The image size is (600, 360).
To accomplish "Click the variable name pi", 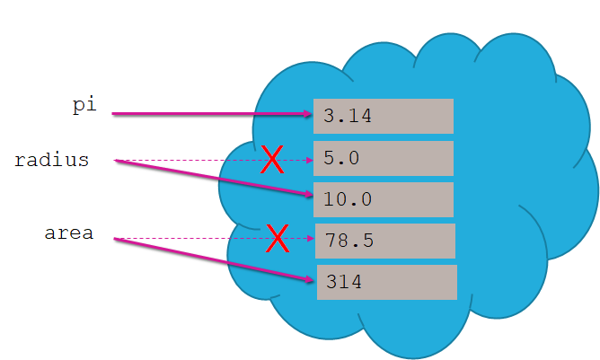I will coord(84,104).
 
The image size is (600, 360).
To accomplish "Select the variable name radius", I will coord(51,161).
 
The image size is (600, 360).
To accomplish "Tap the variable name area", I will coord(69,234).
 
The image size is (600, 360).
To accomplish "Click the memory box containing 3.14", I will coord(384,116).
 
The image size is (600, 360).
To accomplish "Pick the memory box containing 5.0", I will coord(384,158).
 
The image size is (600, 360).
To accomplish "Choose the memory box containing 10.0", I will coord(384,199).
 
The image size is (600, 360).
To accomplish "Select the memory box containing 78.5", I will coord(384,241).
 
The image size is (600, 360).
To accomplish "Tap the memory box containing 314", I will coord(386,282).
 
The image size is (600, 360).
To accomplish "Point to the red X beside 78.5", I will coord(278,239).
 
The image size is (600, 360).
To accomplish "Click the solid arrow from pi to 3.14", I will coord(211,114).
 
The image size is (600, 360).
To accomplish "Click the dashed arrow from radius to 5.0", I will coord(198,161).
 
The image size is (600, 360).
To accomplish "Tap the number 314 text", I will coord(344,282).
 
